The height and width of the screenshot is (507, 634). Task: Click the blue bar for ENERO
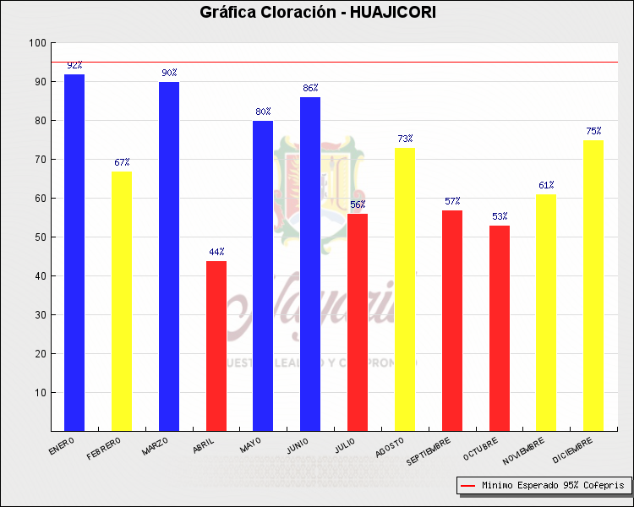(x=74, y=253)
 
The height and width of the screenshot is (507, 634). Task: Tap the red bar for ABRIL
(x=216, y=346)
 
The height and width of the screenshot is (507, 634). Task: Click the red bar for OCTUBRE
(x=500, y=329)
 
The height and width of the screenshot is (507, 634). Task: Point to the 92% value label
(x=74, y=65)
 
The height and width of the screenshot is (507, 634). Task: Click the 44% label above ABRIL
(x=216, y=252)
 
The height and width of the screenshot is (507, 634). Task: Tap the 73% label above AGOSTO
(x=405, y=139)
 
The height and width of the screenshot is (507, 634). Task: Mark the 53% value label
(x=500, y=216)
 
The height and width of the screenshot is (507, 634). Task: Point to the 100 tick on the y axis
(x=37, y=43)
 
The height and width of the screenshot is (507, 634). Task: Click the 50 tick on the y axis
(x=40, y=237)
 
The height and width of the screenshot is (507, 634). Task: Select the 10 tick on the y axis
(x=40, y=393)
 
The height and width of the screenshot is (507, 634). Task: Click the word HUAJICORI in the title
(x=393, y=12)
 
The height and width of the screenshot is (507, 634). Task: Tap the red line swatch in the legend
(x=468, y=486)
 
